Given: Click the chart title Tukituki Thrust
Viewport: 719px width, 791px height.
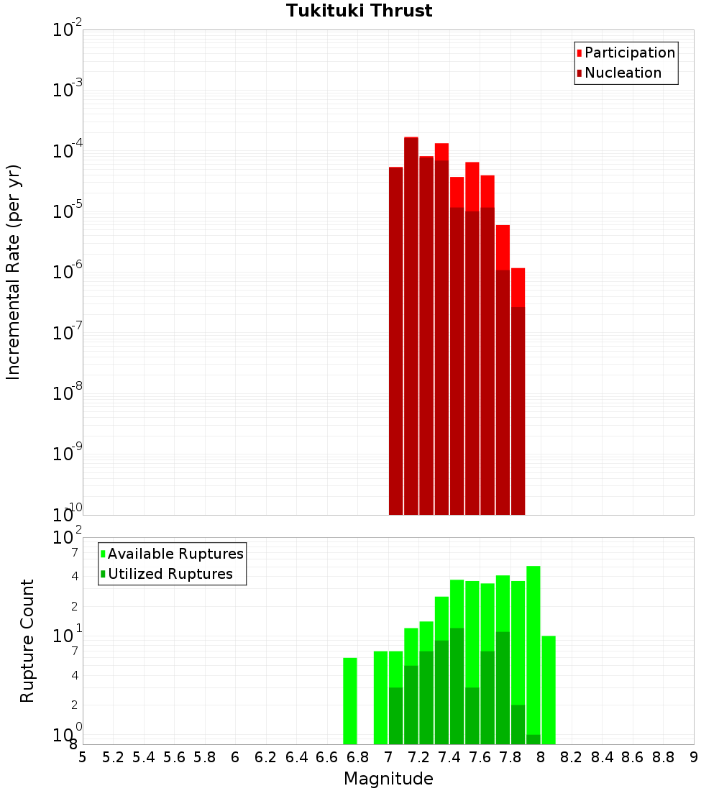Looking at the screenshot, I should point(359,11).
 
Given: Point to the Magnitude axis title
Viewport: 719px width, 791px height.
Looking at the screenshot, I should point(388,779).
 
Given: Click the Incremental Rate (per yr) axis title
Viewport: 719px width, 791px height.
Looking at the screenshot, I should point(14,272).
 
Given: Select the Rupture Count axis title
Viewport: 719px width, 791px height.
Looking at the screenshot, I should point(27,640).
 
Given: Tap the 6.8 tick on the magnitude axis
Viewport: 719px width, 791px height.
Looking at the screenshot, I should point(357,756).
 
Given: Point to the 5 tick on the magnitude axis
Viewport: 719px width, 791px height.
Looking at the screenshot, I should point(83,756).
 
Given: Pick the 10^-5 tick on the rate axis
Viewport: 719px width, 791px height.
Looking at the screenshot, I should point(68,211).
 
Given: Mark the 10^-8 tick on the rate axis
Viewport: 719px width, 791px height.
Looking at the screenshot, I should point(68,393).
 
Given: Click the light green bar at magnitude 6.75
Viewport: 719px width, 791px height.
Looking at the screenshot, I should point(350,701).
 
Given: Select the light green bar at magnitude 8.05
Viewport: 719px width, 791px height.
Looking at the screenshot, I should point(549,690).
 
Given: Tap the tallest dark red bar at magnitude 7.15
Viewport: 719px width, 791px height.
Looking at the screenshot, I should point(411,324).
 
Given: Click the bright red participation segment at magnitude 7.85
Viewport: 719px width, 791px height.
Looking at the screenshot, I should point(518,288).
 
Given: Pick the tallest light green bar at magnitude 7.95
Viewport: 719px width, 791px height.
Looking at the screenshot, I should point(533,647).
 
